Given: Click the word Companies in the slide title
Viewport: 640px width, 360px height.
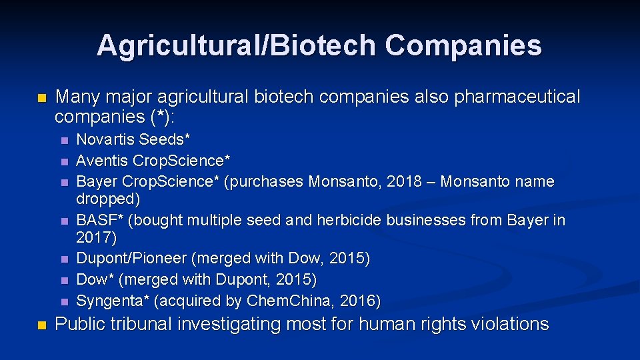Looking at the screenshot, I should [x=463, y=46].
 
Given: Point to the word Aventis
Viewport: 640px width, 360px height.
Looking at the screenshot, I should [x=103, y=161].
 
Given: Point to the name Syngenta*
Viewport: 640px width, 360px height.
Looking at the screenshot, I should [x=112, y=301].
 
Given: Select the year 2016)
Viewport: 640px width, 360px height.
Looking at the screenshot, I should [x=360, y=301].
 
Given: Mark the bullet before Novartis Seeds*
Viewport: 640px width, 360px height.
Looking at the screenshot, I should [x=64, y=141].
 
